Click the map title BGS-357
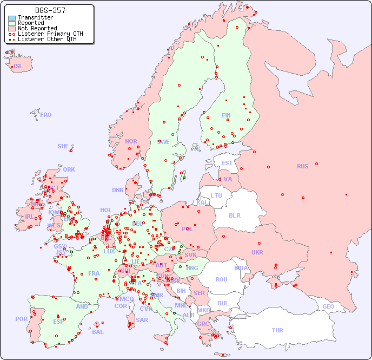click(50, 10)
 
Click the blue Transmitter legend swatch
click(12, 18)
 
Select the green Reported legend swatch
click(12, 23)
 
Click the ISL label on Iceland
click(18, 67)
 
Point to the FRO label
click(46, 115)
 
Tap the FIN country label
click(226, 115)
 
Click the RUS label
click(302, 166)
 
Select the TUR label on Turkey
click(277, 330)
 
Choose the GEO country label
click(328, 306)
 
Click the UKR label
click(257, 252)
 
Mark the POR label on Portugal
click(21, 319)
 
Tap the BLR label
click(234, 215)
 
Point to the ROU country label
click(221, 279)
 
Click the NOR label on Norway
click(131, 141)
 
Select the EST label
click(227, 163)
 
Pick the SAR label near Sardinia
click(142, 320)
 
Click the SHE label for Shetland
click(63, 146)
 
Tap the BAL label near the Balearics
click(98, 332)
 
